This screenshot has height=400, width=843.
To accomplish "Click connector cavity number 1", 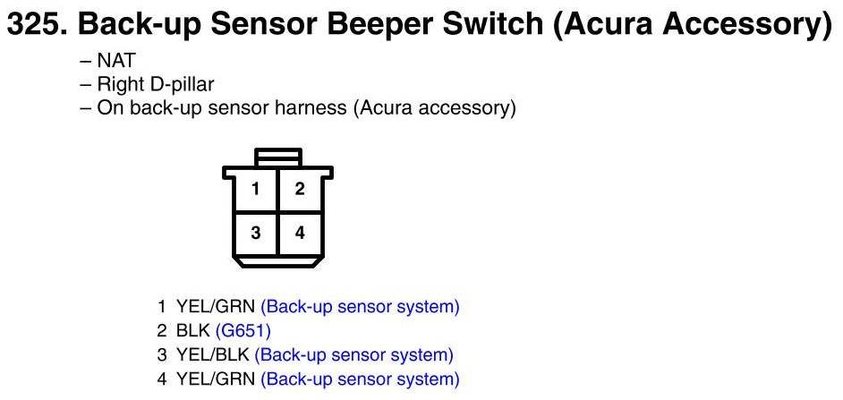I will (x=256, y=189).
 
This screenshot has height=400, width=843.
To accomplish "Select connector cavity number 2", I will (x=300, y=189).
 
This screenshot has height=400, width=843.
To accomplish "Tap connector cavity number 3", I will (x=256, y=233).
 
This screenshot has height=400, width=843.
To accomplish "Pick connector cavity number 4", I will (x=300, y=233).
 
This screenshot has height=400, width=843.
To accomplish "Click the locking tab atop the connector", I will (x=277, y=157).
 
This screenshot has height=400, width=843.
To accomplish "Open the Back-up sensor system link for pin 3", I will (x=354, y=355).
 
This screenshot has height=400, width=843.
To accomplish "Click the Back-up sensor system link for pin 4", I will (x=360, y=379).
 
